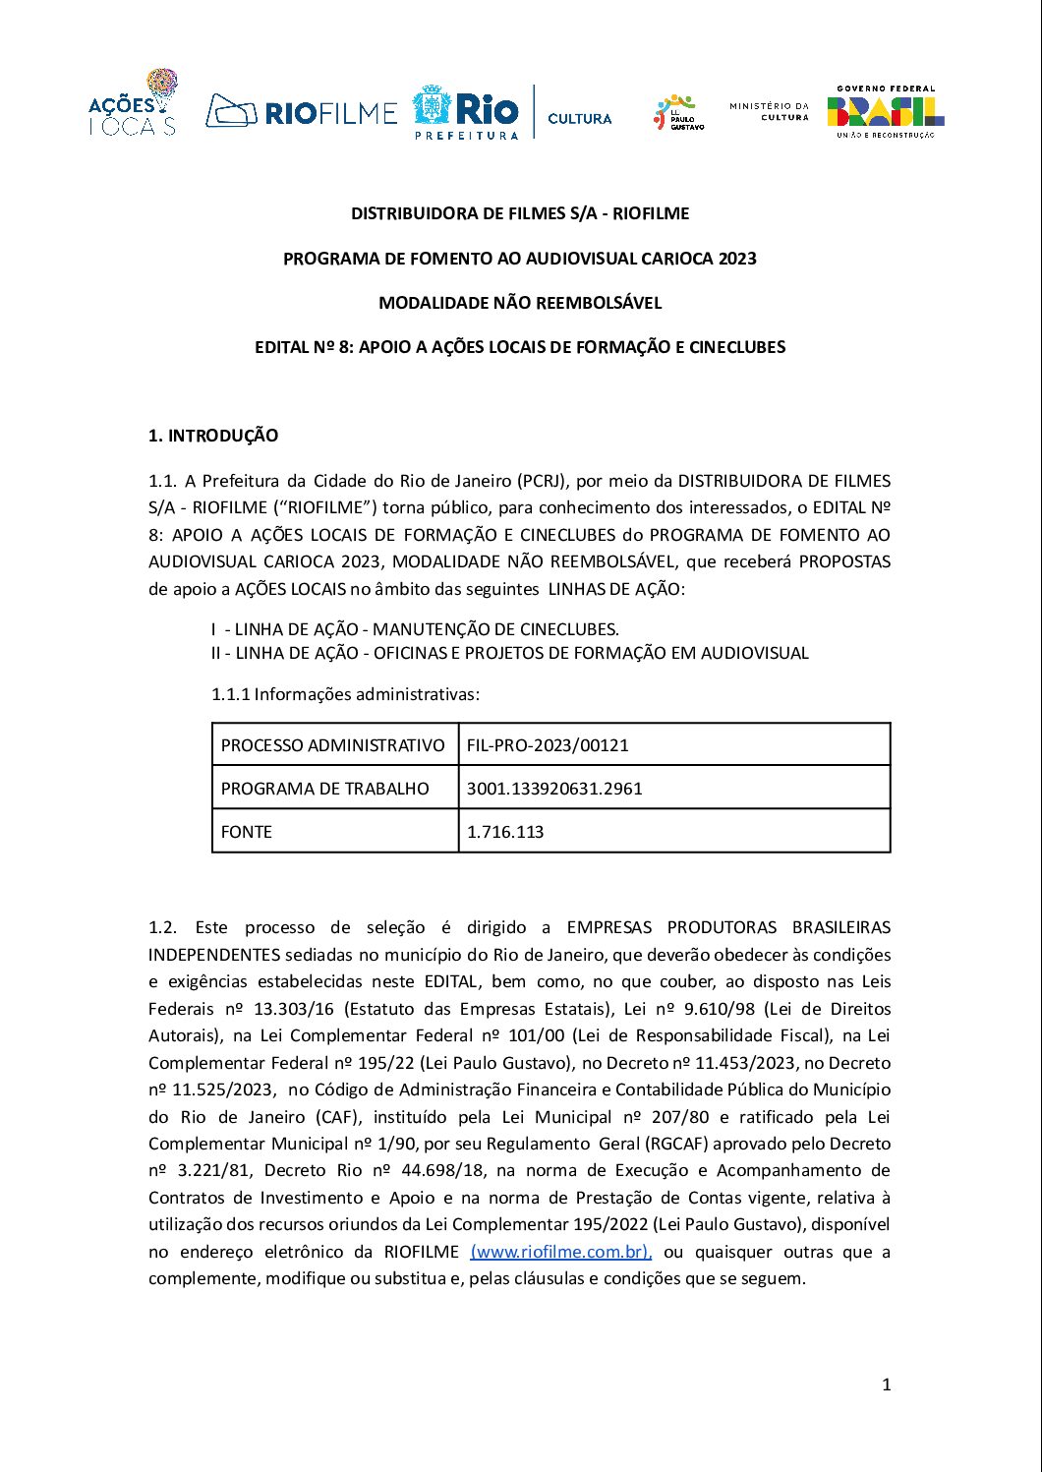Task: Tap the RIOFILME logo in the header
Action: tap(302, 112)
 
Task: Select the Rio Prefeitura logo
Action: tap(466, 112)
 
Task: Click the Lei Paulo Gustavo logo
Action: tap(678, 113)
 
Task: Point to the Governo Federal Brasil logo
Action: tap(886, 112)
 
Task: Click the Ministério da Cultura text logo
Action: tap(769, 111)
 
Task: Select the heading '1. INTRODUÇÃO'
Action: tap(213, 436)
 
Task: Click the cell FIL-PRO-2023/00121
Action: tap(548, 745)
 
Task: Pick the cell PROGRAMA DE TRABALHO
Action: tap(325, 789)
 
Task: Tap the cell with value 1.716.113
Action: tap(505, 832)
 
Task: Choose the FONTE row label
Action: tap(247, 832)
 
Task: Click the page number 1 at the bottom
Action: tap(887, 1384)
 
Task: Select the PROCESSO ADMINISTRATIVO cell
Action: tap(332, 745)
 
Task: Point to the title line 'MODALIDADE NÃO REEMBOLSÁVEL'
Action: tap(520, 303)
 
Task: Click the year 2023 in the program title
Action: tap(737, 259)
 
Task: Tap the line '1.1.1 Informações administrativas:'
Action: tap(345, 694)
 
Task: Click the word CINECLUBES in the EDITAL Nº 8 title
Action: tap(737, 347)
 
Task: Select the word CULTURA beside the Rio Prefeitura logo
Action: tap(579, 119)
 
